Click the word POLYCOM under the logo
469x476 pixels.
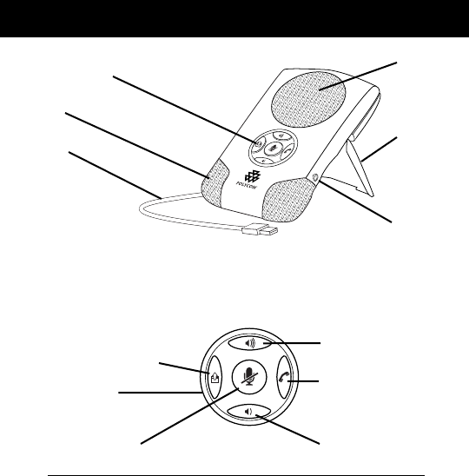246,185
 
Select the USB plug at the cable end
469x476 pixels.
260,229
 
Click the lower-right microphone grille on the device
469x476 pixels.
287,201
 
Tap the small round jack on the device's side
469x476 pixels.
314,176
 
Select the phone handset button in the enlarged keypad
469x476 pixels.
284,377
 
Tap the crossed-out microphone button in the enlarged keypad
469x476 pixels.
249,377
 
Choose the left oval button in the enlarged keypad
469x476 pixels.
215,377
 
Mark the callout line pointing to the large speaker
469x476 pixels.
358,76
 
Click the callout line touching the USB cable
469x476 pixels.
115,175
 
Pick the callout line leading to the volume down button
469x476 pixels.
287,429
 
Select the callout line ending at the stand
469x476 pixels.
380,149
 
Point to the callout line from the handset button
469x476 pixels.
303,381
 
